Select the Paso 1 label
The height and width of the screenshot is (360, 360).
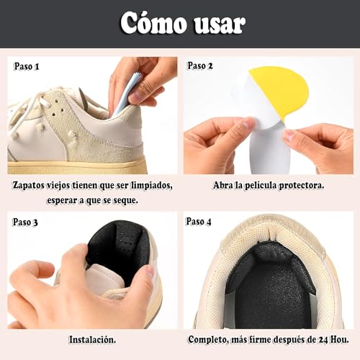pos(26,66)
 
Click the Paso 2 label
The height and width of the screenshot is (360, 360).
pos(200,66)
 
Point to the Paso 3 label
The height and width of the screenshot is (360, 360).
pos(26,222)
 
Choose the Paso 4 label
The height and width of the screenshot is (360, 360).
pos(200,222)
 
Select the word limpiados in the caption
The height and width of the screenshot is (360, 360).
pos(149,185)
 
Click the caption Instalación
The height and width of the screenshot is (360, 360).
pos(92,338)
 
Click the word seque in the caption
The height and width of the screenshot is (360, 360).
pos(122,199)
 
